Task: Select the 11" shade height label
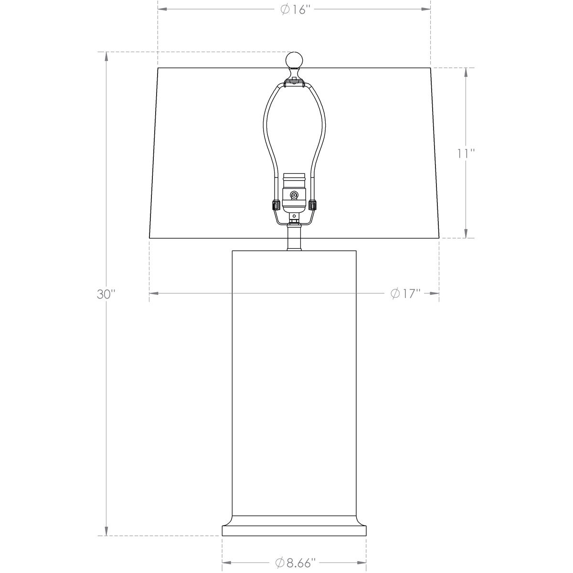pyautogui.click(x=466, y=154)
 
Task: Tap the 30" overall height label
pyautogui.click(x=106, y=294)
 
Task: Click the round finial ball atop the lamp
pyautogui.click(x=294, y=60)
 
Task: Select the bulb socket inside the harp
pyautogui.click(x=294, y=193)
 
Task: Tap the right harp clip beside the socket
pyautogui.click(x=313, y=205)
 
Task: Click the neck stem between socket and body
pyautogui.click(x=294, y=237)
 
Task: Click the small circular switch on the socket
pyautogui.click(x=294, y=195)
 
